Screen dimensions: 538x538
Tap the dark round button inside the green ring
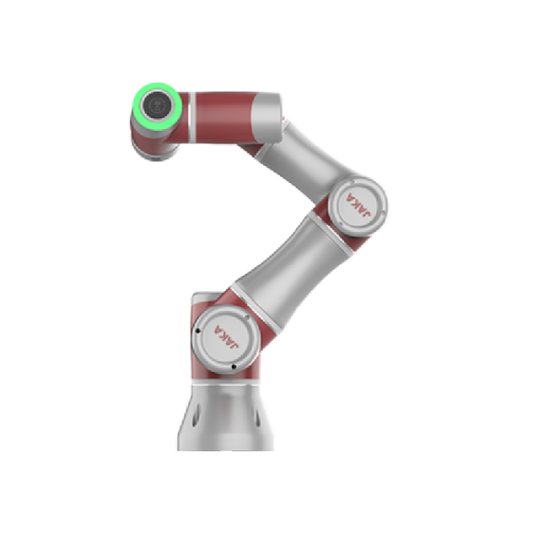(x=157, y=104)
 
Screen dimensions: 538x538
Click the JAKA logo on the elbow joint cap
(x=358, y=205)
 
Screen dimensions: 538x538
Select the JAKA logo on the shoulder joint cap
(x=227, y=337)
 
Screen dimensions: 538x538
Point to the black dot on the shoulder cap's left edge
(x=198, y=331)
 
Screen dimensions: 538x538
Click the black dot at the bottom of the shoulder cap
(x=233, y=367)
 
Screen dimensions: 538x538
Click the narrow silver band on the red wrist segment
(x=192, y=118)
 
